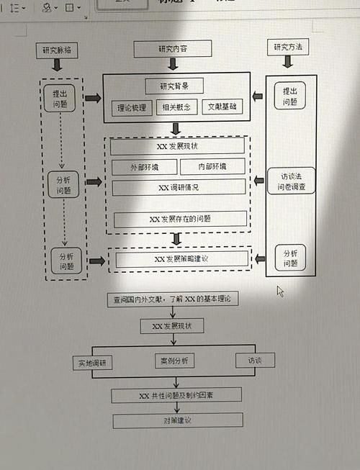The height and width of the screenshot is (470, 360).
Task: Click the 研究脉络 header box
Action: click(x=58, y=50)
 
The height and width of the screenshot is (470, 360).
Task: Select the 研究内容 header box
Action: click(x=173, y=49)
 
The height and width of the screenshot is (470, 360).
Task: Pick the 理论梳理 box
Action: click(x=132, y=108)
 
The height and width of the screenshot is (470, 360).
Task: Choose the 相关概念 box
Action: click(x=176, y=108)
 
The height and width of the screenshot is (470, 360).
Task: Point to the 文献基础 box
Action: click(x=221, y=108)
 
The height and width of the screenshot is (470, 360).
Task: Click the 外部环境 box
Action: click(x=144, y=167)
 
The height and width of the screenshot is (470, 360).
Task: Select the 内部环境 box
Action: click(x=212, y=167)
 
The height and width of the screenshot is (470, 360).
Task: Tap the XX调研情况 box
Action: click(x=178, y=187)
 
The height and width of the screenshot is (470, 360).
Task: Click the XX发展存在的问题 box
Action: click(x=180, y=219)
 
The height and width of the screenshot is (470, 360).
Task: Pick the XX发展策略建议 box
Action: click(x=181, y=258)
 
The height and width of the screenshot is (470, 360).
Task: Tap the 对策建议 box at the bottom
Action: click(x=177, y=420)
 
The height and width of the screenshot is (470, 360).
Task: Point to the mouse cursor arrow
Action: click(x=280, y=291)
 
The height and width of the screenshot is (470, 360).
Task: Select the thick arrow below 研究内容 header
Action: click(x=174, y=65)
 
